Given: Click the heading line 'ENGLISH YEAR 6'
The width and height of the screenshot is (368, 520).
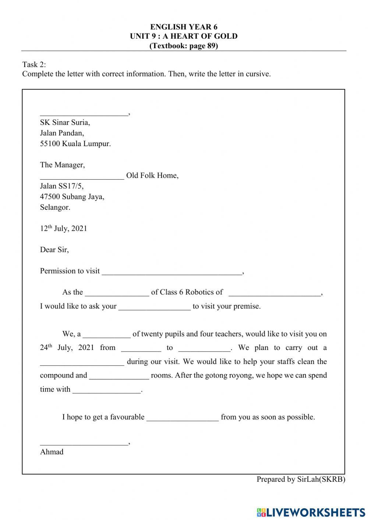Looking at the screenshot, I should coord(184,27).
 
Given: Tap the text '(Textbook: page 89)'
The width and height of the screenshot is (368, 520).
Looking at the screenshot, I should coord(184,46).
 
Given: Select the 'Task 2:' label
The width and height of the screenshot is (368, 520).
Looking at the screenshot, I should coord(34,64).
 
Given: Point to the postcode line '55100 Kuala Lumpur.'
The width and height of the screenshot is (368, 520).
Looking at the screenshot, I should coord(75,144).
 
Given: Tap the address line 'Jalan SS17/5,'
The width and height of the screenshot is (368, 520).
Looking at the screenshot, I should coord(62,186).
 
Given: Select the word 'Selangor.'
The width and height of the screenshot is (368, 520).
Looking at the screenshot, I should coord(55,207).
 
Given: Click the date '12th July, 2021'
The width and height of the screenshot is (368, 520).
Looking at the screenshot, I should coord(64,229).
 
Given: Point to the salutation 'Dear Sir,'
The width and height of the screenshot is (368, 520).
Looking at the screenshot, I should coord(54,250).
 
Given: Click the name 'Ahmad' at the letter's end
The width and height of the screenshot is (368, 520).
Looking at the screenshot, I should coord(52,452).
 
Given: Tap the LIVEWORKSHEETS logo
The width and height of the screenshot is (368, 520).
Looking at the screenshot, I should coord(311,512).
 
